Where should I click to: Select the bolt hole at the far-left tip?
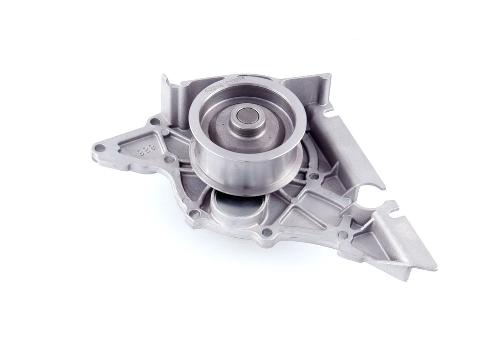click(100, 147)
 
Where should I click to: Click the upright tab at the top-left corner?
click(166, 90)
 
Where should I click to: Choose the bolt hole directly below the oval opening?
click(267, 232)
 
